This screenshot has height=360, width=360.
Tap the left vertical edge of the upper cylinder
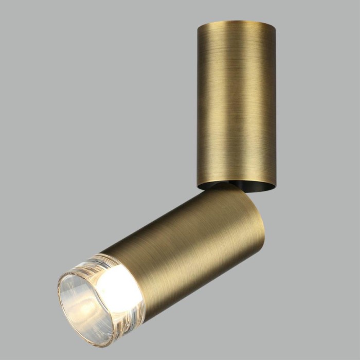(x=198, y=103)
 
